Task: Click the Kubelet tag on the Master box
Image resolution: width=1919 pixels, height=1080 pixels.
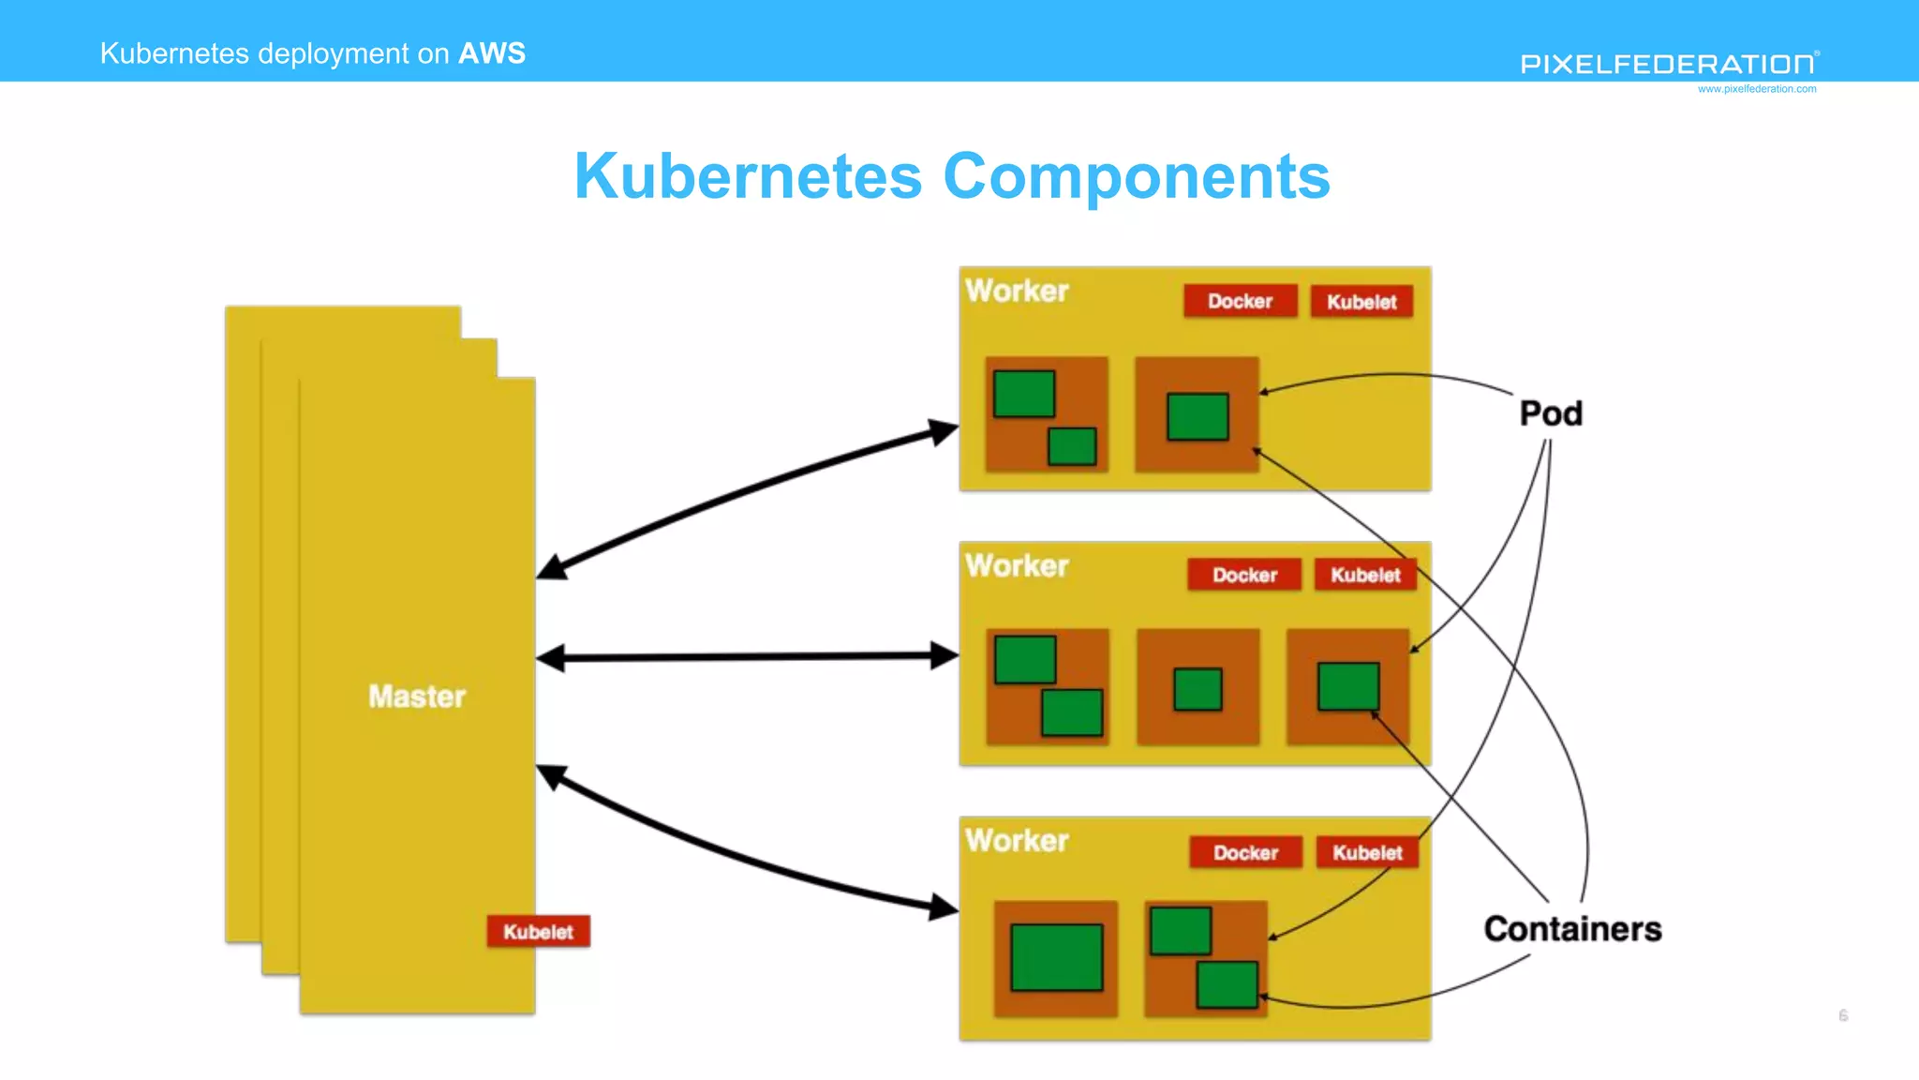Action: coord(538,931)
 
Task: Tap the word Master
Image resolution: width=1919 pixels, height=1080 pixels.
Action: coord(417,697)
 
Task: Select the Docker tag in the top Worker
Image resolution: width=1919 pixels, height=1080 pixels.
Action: coord(1240,301)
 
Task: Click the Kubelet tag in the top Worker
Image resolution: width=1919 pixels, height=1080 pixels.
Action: coord(1361,302)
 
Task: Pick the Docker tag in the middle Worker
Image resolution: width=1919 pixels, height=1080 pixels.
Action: coord(1244,575)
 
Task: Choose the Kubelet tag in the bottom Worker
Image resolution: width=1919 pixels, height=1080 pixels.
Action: coord(1367,852)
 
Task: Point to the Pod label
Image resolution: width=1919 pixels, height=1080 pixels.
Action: coord(1551,413)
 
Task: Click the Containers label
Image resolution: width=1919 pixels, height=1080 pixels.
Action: coord(1572,929)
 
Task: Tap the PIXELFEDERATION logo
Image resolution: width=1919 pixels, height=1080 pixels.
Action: coord(1668,64)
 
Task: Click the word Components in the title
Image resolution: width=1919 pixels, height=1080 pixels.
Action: coord(1136,176)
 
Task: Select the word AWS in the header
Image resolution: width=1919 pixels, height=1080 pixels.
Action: coord(492,53)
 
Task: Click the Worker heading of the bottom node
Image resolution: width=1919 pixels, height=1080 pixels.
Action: coord(1017,840)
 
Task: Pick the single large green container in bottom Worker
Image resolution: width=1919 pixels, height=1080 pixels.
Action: coord(1056,957)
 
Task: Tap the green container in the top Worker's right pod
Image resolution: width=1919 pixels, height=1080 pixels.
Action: coord(1198,416)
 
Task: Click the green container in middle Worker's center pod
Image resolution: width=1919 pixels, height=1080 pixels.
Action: coord(1198,689)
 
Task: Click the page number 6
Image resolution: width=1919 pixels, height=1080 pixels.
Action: coord(1843,1015)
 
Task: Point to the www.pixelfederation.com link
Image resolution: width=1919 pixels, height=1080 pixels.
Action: coord(1756,89)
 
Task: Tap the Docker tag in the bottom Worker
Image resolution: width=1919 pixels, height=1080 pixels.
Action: coord(1245,852)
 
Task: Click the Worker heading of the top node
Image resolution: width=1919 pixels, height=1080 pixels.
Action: coord(1017,291)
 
